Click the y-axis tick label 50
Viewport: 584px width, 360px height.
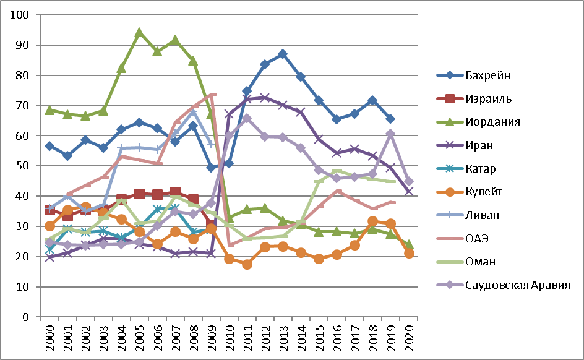point(25,166)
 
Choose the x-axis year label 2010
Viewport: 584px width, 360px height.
point(229,336)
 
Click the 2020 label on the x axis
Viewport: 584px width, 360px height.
point(408,336)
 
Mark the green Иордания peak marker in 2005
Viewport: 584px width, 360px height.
point(139,32)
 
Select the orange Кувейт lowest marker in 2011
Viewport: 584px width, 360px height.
point(247,264)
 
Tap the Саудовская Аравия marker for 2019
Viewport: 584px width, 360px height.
point(390,134)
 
